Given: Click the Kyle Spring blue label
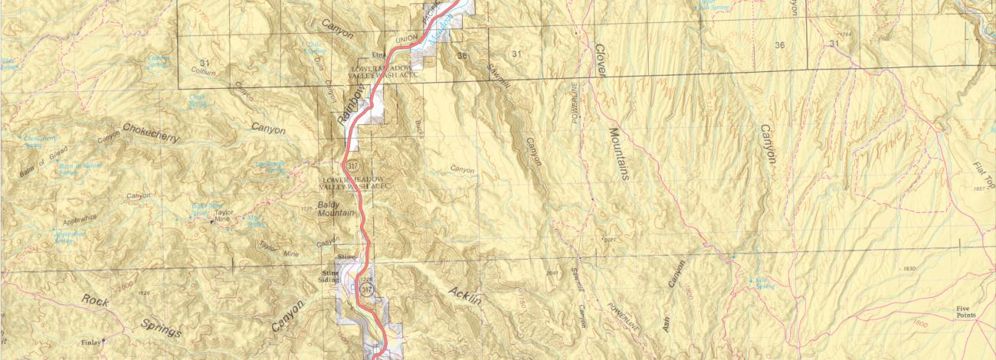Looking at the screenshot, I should coord(762,283).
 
